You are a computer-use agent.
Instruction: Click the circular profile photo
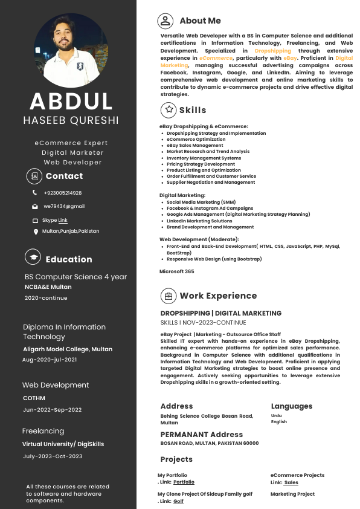[x=71, y=50]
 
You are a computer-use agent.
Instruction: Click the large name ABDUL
[x=71, y=102]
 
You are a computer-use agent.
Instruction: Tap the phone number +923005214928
[x=63, y=193]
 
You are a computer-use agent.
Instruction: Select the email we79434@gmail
[x=64, y=206]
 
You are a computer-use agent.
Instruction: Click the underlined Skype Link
[x=63, y=221]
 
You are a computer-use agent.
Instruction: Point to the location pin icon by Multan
[x=36, y=232]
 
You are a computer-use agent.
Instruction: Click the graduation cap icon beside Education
[x=33, y=257]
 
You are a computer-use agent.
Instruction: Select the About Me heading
[x=200, y=21]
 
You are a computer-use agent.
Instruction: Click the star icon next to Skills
[x=168, y=109]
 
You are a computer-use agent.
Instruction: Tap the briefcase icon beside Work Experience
[x=168, y=296]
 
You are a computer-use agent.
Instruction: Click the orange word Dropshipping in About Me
[x=272, y=51]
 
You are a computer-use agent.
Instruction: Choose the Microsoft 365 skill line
[x=177, y=271]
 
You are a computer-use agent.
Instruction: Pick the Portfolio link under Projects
[x=184, y=482]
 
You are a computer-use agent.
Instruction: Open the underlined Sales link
[x=291, y=482]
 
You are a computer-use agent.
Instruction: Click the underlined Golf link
[x=178, y=501]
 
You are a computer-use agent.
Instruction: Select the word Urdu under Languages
[x=276, y=415]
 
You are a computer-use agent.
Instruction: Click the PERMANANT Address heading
[x=202, y=434]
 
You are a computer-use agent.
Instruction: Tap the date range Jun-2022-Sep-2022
[x=52, y=410]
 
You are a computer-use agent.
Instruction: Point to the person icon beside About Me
[x=165, y=21]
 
